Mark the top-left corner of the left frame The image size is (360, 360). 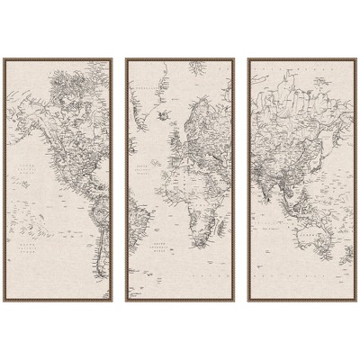[x=3, y=58]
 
